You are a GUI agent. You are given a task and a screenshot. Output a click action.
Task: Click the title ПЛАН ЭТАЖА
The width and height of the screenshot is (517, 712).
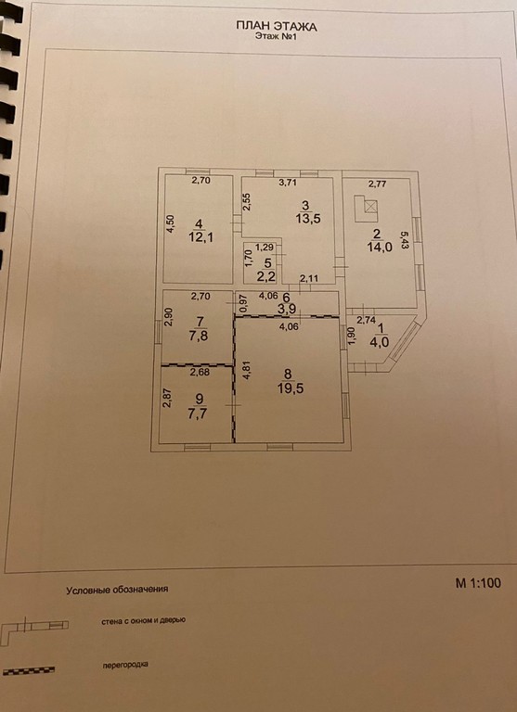277,26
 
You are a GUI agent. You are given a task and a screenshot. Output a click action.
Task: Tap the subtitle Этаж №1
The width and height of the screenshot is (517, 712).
276,37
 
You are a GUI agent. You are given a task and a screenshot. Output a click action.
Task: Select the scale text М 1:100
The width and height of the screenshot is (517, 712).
478,583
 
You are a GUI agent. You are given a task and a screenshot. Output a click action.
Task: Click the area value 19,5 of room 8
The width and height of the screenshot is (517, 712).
288,388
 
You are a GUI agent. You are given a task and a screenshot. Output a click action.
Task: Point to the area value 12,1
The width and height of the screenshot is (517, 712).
199,238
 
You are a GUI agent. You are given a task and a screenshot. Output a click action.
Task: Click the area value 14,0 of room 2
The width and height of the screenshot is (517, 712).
377,248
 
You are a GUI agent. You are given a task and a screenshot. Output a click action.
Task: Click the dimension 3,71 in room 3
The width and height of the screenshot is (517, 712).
288,184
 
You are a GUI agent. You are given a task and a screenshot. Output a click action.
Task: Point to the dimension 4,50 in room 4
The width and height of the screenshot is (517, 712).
170,223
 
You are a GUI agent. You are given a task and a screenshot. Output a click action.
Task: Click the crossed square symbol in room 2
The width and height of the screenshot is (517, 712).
371,207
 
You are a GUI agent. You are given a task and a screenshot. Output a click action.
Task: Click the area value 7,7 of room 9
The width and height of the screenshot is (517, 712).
198,414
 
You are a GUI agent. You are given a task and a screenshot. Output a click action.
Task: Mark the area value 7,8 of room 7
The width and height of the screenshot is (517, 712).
200,337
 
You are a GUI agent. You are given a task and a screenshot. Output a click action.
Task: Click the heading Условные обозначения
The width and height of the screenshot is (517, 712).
117,591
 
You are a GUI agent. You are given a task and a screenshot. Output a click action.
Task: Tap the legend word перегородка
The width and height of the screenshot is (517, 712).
126,666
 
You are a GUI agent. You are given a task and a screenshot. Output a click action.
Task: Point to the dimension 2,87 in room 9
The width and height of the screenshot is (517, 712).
166,398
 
